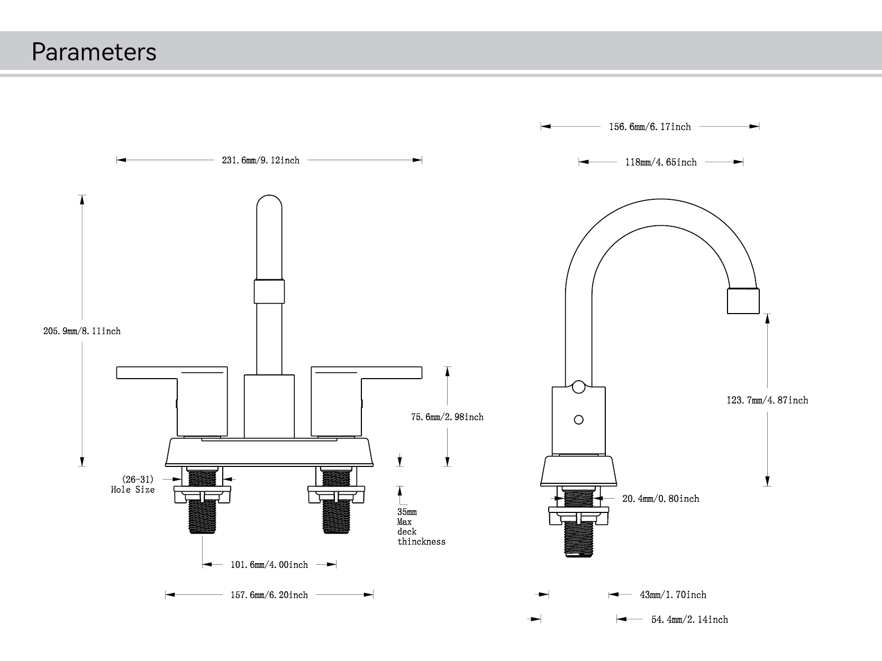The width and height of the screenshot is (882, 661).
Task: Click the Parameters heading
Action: (x=94, y=52)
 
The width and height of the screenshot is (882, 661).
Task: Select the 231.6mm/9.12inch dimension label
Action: (x=260, y=160)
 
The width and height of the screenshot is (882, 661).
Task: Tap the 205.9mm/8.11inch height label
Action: (x=82, y=331)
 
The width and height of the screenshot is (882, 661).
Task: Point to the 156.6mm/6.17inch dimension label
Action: (x=650, y=127)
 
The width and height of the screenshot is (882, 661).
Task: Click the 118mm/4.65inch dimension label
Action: (x=661, y=162)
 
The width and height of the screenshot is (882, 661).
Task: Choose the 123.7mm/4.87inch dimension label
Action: (x=767, y=400)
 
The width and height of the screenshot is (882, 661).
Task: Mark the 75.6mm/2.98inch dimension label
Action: (x=447, y=417)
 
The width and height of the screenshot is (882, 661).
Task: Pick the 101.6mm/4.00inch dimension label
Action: (x=269, y=565)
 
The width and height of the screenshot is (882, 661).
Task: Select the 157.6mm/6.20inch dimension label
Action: (x=269, y=595)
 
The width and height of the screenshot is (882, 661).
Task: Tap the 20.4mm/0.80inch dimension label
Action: (x=660, y=499)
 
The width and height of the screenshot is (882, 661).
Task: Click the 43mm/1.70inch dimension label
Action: (x=673, y=595)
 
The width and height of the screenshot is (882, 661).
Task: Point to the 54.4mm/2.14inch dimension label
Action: (x=689, y=620)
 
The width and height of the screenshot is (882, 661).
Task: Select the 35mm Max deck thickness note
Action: (x=421, y=527)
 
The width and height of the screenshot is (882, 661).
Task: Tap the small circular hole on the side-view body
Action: (x=579, y=420)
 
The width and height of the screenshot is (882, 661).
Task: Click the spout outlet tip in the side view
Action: (x=743, y=301)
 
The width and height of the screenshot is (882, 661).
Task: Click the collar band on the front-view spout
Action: (x=269, y=291)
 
